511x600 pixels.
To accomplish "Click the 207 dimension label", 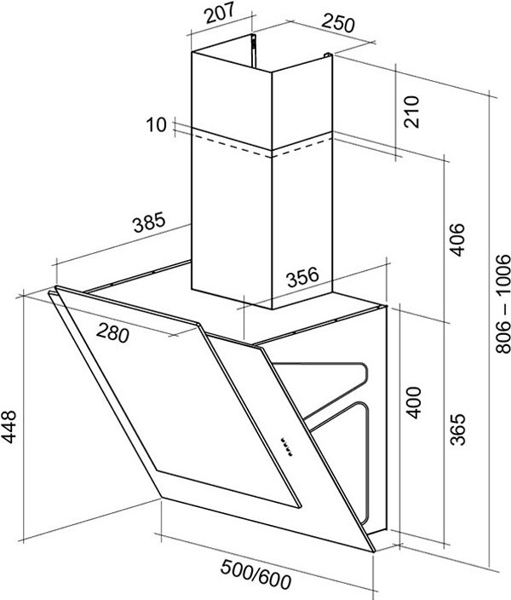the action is (220, 14).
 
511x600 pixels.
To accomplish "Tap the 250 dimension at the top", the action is (338, 23).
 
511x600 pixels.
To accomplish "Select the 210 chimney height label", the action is (411, 112).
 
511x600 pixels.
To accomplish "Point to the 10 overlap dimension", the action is (157, 125).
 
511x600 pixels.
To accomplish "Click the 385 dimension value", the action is (150, 222).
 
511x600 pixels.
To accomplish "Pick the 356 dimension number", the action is (303, 277).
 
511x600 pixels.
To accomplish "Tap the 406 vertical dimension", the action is (457, 239).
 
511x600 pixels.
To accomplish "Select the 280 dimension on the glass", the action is (112, 332).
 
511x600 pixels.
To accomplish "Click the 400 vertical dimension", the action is (413, 403).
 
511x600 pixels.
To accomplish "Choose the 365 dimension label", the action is (458, 429).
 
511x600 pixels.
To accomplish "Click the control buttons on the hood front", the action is (286, 447).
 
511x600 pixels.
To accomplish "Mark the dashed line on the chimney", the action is (261, 146).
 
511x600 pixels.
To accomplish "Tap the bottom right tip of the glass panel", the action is (375, 551).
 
